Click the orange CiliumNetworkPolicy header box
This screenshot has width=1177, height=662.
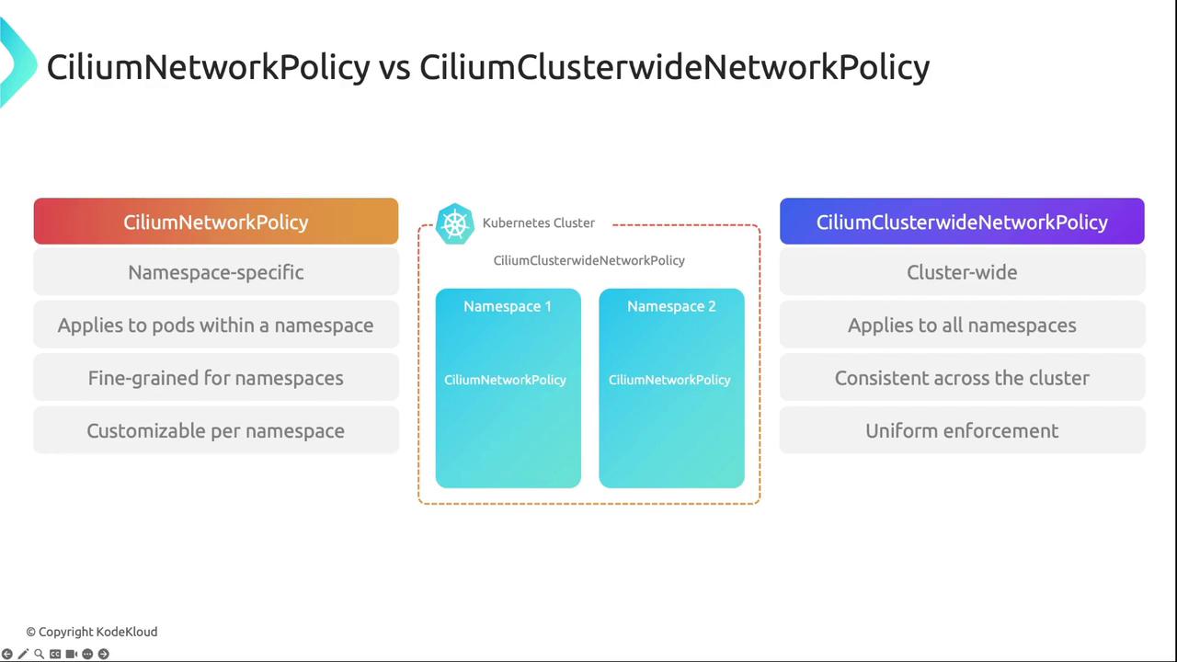coord(216,222)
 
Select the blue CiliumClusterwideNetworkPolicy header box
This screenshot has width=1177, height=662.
coord(962,222)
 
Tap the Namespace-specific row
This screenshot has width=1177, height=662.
coord(216,272)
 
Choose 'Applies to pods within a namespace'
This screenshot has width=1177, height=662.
coord(216,325)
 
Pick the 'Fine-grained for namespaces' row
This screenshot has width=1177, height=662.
coord(216,378)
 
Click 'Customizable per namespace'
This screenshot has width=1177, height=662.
coord(216,431)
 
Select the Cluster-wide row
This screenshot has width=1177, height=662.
coord(962,272)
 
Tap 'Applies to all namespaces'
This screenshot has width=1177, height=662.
coord(962,325)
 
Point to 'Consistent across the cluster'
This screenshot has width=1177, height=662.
coord(962,378)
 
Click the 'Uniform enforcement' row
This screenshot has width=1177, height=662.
coord(962,431)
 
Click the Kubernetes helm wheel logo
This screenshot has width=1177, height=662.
coord(454,223)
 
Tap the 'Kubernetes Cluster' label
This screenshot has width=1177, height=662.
coord(539,223)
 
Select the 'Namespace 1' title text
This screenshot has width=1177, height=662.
coord(508,306)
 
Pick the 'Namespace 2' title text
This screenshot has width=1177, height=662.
coord(671,306)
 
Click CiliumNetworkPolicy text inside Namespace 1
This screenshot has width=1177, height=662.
coord(505,380)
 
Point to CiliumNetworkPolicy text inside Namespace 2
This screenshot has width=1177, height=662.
coord(669,380)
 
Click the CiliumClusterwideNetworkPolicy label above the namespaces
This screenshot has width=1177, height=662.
coord(588,260)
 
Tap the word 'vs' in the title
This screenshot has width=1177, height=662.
coord(394,67)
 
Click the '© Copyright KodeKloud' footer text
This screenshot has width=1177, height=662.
coord(92,632)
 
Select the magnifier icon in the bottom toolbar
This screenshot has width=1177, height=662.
coord(39,654)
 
